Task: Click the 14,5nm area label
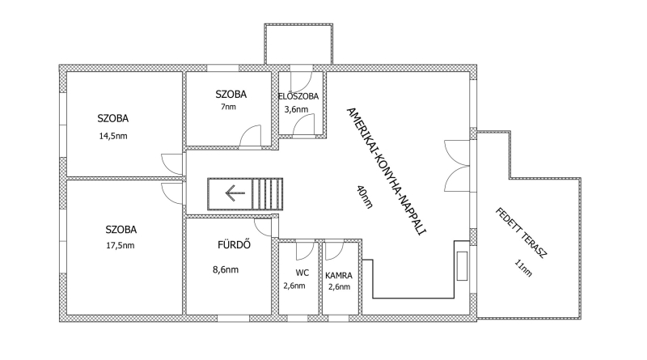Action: point(113,136)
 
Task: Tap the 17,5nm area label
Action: point(121,246)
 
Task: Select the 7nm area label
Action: point(229,107)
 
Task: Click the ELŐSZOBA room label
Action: point(298,96)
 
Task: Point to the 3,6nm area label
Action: point(296,109)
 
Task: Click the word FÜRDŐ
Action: point(234,245)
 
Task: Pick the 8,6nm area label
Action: point(226,270)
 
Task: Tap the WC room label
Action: point(302,273)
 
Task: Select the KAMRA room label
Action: point(339,275)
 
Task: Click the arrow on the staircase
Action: point(235,193)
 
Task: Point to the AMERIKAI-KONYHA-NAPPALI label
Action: point(386,171)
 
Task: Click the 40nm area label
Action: point(365,197)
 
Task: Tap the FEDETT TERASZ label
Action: point(521,233)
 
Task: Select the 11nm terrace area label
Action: point(523,268)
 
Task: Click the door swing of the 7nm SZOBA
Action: point(250,135)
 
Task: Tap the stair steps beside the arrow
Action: point(268,193)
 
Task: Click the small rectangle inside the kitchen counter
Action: point(462,266)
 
